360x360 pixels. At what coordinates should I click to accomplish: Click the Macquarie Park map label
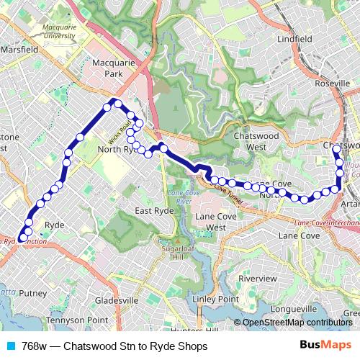(x=109, y=68)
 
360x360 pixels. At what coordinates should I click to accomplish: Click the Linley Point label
(x=215, y=299)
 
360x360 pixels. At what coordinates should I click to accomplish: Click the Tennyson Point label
(x=77, y=319)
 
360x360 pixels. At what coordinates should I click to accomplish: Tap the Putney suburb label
(x=33, y=293)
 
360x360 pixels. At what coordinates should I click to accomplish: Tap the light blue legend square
(x=10, y=346)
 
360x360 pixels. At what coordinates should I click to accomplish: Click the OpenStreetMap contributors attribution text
(x=297, y=323)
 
